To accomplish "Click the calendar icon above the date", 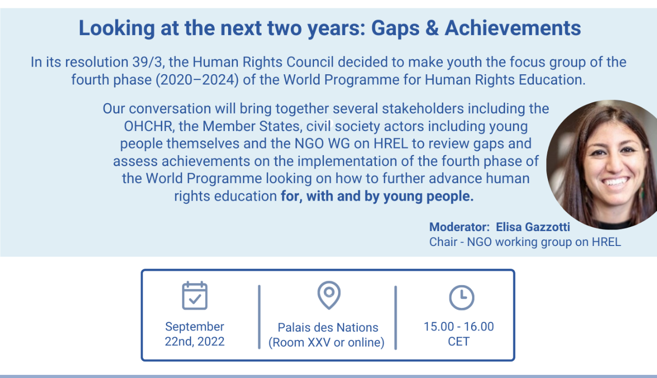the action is (195, 295).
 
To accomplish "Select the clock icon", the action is (462, 298).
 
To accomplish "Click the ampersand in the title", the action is (432, 28).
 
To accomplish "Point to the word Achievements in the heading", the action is (513, 28).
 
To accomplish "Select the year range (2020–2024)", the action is (197, 80).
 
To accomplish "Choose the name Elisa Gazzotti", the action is (533, 227).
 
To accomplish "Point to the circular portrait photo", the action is (602, 165).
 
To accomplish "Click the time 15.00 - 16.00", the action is (459, 326).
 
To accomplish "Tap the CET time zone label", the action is (459, 341).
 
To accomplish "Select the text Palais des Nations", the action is (328, 327).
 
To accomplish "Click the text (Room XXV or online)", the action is (326, 342).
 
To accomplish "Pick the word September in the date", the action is (195, 327).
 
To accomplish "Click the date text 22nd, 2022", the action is (195, 341).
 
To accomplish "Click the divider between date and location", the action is (260, 317).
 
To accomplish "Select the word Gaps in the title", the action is (395, 29).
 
